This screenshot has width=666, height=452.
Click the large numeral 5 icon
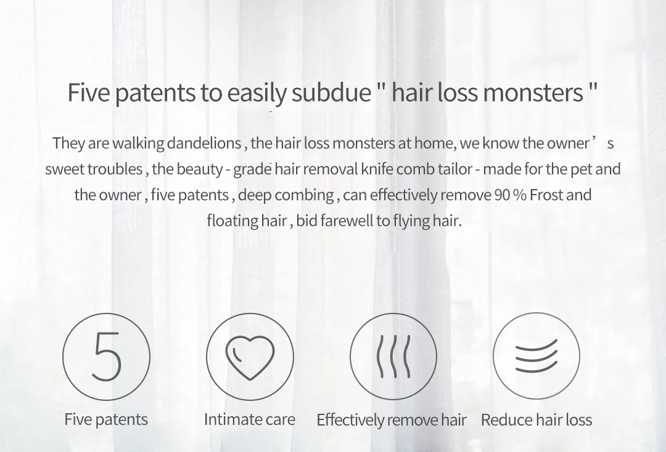click(x=107, y=357)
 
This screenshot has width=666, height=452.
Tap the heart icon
click(x=250, y=357)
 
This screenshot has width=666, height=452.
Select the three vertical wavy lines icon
click(x=393, y=357)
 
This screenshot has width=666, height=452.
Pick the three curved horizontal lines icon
click(x=536, y=356)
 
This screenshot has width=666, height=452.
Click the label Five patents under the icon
click(x=106, y=419)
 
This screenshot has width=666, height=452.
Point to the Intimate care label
click(x=250, y=419)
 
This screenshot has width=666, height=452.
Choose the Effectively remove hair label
click(x=392, y=420)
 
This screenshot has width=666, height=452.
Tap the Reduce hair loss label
click(x=536, y=420)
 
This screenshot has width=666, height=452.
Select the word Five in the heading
click(x=89, y=92)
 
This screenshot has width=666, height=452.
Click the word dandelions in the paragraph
click(x=204, y=143)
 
